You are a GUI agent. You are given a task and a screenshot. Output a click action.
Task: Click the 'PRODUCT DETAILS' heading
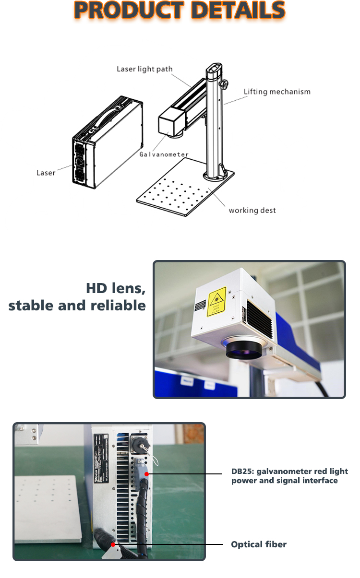tap(180, 11)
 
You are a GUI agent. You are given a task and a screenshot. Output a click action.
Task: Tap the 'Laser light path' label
tap(144, 69)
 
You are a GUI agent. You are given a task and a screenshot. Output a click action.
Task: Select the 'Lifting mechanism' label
tap(277, 92)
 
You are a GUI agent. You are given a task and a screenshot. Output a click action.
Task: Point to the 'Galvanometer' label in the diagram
tap(164, 154)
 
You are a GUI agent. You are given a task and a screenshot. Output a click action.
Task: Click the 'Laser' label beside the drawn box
tap(46, 173)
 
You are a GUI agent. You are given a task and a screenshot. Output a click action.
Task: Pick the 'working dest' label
tap(252, 210)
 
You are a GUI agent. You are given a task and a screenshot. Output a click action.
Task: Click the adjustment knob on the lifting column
tap(224, 85)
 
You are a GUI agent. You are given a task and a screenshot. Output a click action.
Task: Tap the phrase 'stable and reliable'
tap(77, 306)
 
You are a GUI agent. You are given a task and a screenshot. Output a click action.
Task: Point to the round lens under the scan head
tap(244, 349)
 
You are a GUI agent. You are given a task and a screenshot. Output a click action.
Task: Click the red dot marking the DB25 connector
tap(146, 474)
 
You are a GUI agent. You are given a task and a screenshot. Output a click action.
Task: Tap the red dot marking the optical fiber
tap(113, 544)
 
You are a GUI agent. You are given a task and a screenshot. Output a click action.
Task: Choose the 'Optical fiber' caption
tap(259, 544)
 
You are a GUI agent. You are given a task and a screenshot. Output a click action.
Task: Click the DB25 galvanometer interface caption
tap(289, 476)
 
